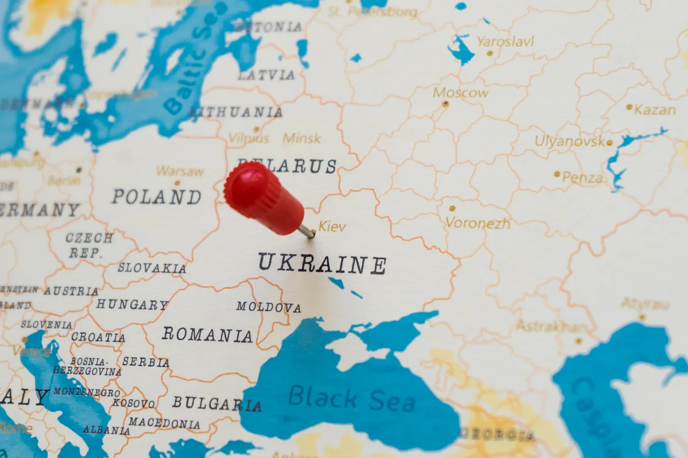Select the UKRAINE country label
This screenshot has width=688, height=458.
(322, 264)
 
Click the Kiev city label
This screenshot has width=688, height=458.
(332, 226)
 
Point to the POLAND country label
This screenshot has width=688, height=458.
(157, 197)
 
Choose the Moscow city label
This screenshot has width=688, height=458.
(460, 92)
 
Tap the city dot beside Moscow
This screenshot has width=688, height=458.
(445, 104)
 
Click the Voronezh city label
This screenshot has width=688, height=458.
(478, 223)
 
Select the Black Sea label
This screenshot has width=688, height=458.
(351, 398)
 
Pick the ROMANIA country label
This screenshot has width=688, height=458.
(207, 335)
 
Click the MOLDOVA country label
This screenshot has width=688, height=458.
(268, 307)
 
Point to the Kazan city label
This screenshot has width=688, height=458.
(655, 109)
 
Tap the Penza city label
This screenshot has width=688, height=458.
(582, 177)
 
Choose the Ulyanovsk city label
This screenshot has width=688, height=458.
(570, 142)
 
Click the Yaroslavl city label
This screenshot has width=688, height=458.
(505, 42)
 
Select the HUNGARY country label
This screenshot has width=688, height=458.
(132, 305)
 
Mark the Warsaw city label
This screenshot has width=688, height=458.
(180, 171)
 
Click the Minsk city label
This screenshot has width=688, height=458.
(302, 138)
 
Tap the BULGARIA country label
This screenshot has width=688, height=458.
(216, 404)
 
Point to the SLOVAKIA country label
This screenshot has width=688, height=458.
(152, 268)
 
